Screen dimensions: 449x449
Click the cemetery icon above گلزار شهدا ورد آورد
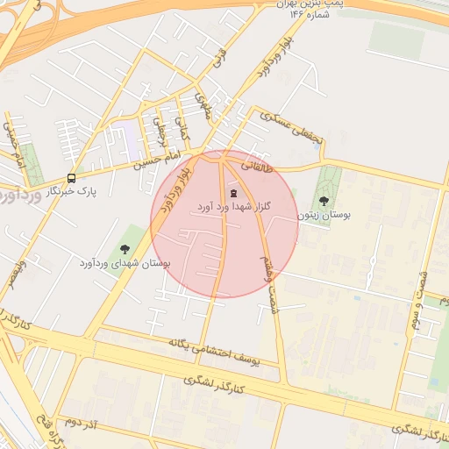[233, 193]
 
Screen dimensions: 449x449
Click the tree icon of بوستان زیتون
[324, 201]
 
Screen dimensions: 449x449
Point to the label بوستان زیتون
[323, 214]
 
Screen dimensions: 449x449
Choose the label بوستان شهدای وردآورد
[125, 262]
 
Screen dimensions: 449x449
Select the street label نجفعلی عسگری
[289, 129]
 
